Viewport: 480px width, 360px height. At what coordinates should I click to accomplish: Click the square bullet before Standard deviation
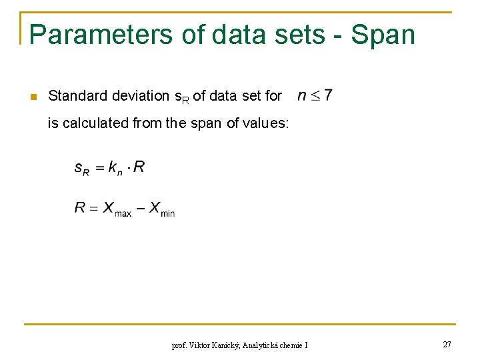[31, 97]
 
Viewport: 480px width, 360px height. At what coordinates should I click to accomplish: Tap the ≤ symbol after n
[314, 96]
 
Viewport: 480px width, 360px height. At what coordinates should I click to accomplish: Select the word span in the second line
[208, 123]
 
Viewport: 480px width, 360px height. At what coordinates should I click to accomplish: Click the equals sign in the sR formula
[99, 168]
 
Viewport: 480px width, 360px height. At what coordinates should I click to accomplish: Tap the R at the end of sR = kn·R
[139, 167]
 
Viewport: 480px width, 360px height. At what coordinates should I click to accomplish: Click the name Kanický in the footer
[224, 345]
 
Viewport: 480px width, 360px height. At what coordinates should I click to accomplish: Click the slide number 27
[447, 344]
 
